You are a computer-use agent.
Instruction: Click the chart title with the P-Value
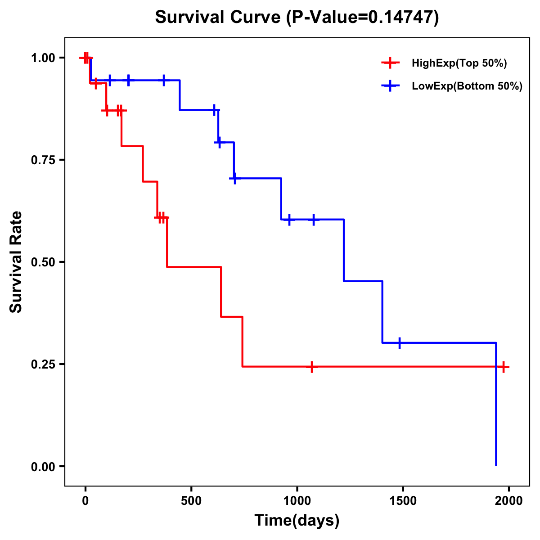point(297,17)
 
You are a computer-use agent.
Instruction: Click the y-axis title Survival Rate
point(16,262)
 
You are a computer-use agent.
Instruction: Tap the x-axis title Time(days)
point(297,520)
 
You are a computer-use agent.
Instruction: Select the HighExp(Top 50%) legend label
point(459,63)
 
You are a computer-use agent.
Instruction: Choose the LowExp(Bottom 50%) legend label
point(467,86)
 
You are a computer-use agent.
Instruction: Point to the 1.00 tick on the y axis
point(43,58)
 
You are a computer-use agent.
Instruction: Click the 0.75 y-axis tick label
point(43,160)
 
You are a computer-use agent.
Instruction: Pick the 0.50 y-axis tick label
point(43,262)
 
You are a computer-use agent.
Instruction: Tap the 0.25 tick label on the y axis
point(43,364)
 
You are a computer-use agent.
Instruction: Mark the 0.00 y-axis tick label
point(43,467)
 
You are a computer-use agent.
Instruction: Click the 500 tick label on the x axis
point(191,501)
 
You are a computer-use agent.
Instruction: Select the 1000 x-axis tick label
point(297,501)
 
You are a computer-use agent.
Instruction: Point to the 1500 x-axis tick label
point(403,501)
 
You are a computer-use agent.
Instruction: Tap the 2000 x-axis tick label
point(508,501)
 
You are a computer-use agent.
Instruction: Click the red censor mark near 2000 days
point(504,367)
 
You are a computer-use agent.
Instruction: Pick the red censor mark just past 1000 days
point(311,367)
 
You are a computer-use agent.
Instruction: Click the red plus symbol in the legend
point(390,63)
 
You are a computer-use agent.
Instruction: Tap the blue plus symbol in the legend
point(390,86)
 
